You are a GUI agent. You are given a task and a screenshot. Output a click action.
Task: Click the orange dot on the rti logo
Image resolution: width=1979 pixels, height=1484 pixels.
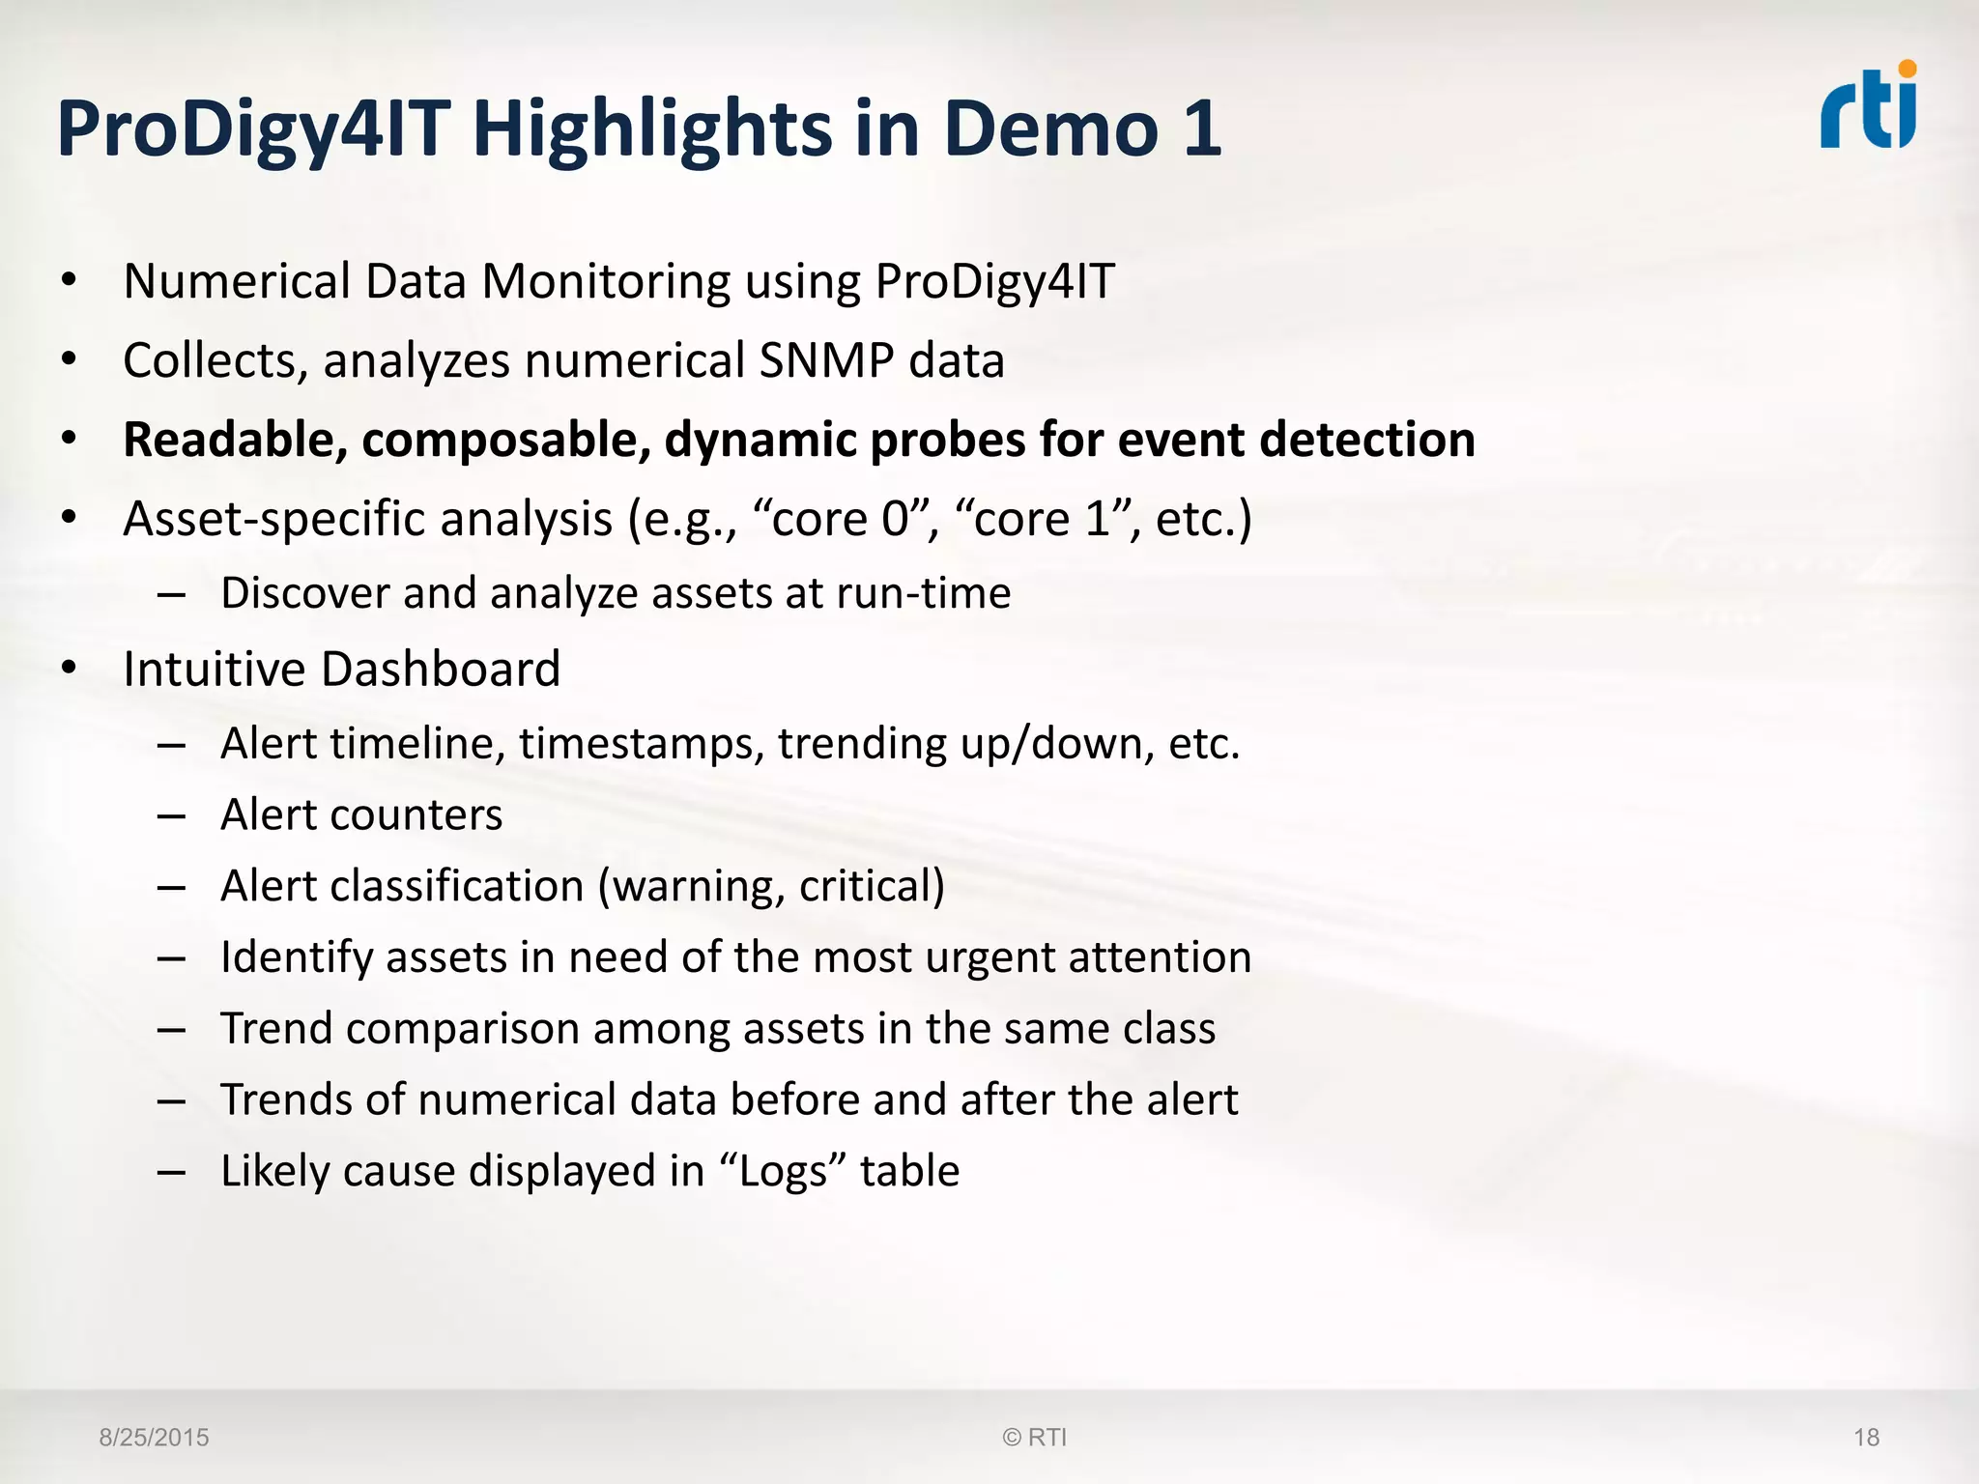click(1907, 69)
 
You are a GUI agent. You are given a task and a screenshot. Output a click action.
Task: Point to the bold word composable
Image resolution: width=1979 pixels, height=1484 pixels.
click(505, 441)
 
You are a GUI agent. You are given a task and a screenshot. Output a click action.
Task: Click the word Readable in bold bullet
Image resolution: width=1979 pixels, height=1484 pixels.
click(235, 440)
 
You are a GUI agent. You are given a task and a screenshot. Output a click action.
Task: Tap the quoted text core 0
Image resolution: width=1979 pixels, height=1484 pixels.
click(838, 519)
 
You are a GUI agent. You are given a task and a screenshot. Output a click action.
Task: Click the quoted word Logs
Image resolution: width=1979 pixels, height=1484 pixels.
click(783, 1172)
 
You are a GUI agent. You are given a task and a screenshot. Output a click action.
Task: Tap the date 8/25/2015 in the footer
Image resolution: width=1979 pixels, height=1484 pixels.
click(154, 1438)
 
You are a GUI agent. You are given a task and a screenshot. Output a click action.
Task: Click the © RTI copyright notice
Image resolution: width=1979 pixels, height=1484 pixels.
click(1034, 1438)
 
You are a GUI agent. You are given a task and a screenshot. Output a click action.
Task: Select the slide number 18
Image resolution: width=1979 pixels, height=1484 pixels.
click(1866, 1438)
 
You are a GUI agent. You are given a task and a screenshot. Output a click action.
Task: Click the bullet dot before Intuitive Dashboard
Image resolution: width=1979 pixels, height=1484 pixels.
click(68, 669)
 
